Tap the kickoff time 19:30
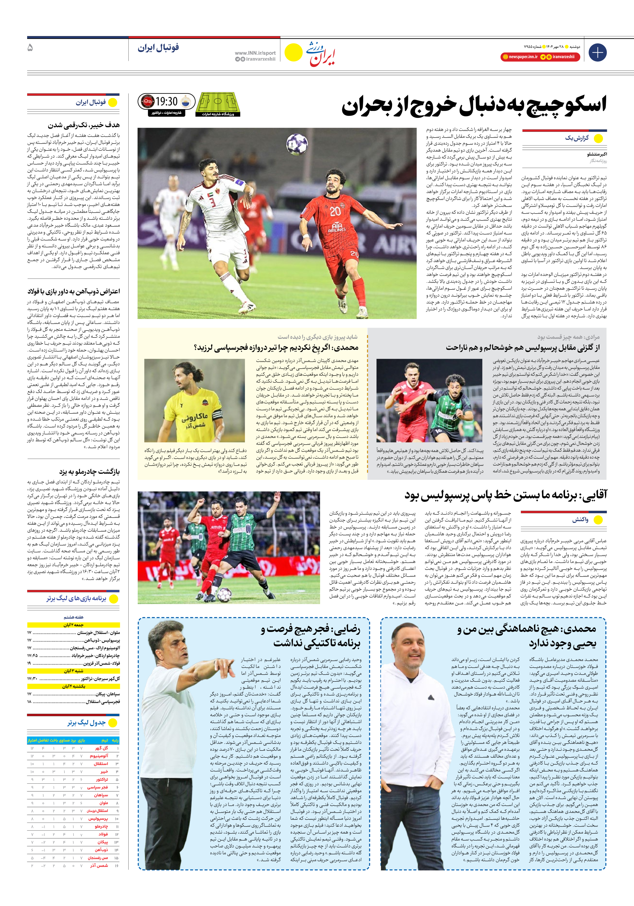click(x=167, y=102)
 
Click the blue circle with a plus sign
click(x=597, y=53)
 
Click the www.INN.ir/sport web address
click(x=255, y=53)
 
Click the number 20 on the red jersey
click(x=335, y=212)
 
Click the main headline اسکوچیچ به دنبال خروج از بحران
click(x=473, y=106)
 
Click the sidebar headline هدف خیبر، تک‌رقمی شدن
click(x=84, y=126)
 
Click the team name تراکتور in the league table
click(x=102, y=779)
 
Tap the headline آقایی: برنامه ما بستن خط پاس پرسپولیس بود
click(x=505, y=495)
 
